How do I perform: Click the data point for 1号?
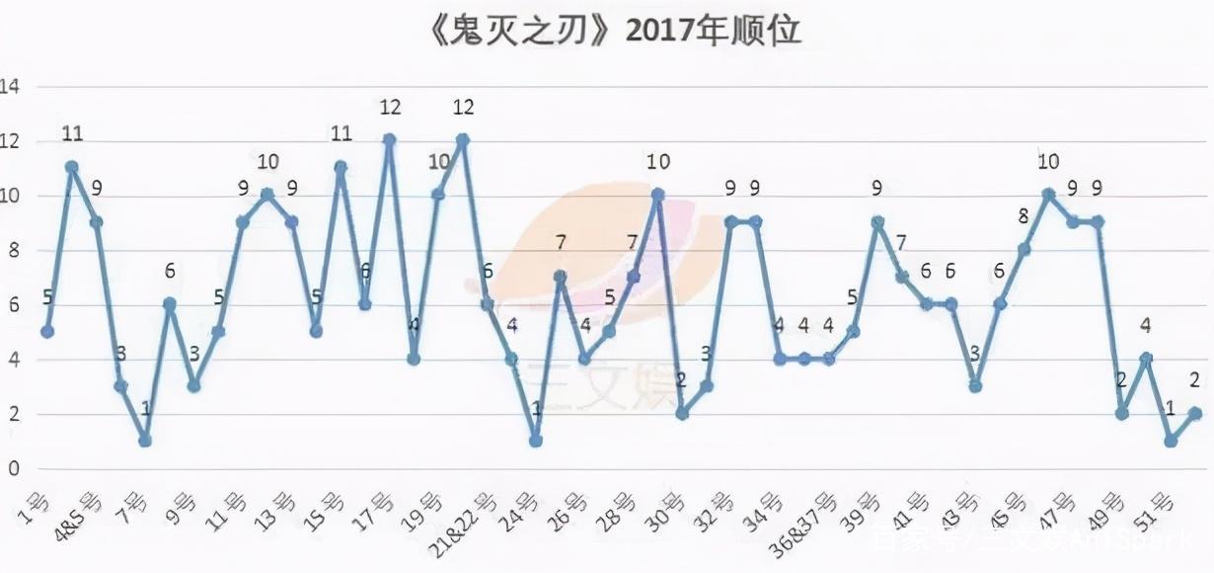47,331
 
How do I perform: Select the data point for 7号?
145,441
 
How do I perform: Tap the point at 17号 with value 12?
389,139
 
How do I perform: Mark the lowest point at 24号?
535,441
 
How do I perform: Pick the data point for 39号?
876,222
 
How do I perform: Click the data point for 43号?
974,386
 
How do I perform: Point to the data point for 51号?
1170,441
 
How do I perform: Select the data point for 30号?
681,414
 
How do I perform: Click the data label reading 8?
1023,216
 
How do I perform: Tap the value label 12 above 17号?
389,107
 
